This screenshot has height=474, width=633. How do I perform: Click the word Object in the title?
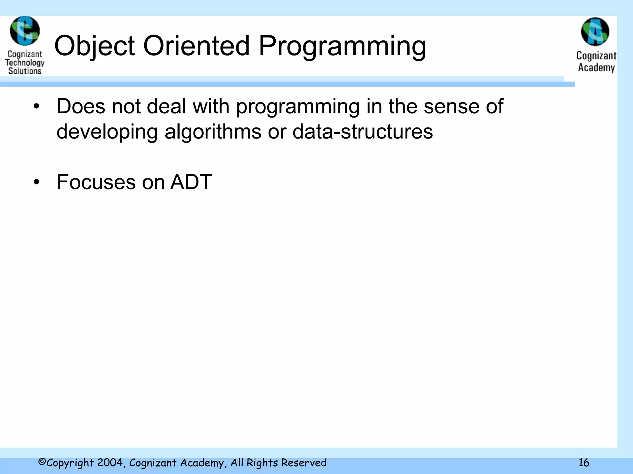click(x=94, y=46)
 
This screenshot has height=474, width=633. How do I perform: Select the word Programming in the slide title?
click(x=342, y=46)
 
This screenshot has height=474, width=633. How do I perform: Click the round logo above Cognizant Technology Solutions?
click(x=25, y=31)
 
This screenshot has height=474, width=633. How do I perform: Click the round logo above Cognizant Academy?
click(x=595, y=31)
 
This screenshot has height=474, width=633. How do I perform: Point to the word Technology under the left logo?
click(x=25, y=63)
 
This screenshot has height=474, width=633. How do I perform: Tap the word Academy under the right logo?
click(x=596, y=68)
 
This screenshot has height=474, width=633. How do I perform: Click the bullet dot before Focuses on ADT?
click(x=37, y=182)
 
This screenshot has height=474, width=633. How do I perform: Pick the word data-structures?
click(x=363, y=131)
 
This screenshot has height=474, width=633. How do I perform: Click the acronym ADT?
click(x=191, y=182)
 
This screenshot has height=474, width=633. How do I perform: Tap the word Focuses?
click(x=96, y=182)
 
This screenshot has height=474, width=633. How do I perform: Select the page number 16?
click(x=584, y=463)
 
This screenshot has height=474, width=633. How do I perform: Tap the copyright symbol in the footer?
click(x=42, y=462)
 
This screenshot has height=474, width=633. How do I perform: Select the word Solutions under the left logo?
click(x=25, y=71)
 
